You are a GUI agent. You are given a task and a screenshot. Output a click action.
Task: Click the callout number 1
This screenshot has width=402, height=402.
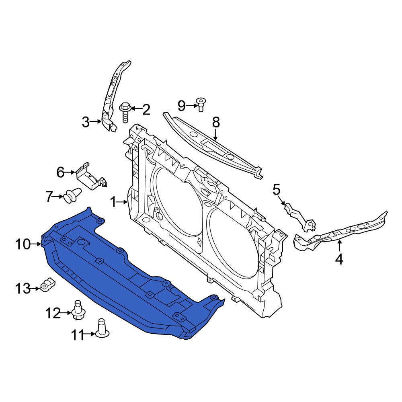(113, 202)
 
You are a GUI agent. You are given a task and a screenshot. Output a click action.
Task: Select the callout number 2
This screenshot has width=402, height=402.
(146, 109)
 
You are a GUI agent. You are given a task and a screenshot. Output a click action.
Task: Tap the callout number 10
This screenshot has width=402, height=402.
(23, 244)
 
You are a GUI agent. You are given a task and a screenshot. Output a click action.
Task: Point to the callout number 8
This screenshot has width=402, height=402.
(216, 121)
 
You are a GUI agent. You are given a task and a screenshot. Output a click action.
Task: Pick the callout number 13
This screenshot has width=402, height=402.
(23, 288)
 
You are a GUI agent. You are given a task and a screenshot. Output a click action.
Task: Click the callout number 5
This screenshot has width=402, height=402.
(277, 189)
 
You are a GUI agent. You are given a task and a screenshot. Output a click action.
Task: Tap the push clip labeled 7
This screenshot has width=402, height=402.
(71, 196)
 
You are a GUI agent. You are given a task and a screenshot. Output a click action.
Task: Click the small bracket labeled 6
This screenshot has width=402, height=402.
(90, 177)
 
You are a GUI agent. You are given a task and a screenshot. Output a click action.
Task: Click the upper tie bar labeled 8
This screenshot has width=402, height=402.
(213, 147)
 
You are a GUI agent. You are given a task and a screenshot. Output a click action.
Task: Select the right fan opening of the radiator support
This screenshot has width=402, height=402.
(233, 241)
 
